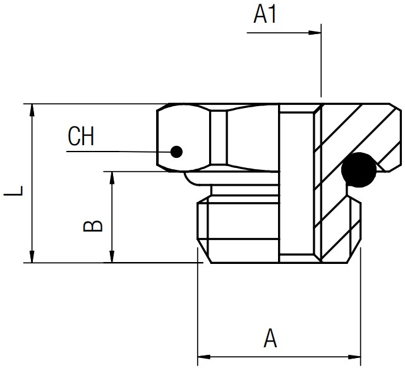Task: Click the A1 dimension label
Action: point(265,15)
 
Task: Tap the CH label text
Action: point(81,136)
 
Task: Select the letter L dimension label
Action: point(13,191)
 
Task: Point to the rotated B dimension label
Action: point(93,222)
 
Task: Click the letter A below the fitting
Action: point(270,338)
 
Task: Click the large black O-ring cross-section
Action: point(359,170)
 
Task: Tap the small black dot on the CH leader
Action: point(177,152)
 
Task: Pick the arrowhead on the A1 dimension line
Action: point(315,33)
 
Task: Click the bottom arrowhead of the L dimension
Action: point(32,256)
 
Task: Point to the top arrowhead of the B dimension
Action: point(112,178)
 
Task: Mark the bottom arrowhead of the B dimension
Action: point(112,256)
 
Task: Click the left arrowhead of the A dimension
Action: point(204,357)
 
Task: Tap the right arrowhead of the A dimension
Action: point(354,357)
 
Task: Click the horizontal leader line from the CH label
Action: point(119,152)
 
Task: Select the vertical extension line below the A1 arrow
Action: point(321,61)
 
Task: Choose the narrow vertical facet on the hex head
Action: point(219,137)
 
